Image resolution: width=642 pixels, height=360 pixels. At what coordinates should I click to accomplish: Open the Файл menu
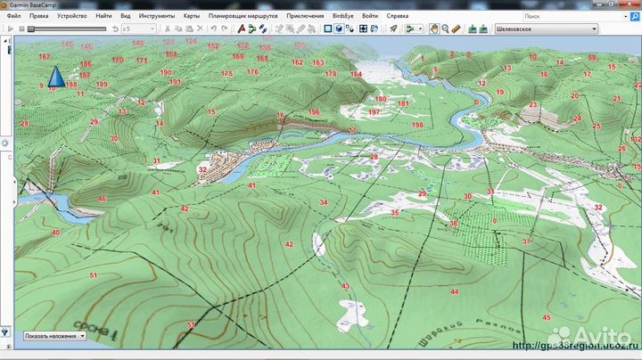(x=14, y=16)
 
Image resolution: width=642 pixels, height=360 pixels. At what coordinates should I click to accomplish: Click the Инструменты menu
(x=156, y=16)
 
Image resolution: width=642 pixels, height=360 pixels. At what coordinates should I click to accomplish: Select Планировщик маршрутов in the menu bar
(x=243, y=16)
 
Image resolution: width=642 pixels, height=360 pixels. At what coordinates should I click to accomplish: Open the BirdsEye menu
(x=343, y=16)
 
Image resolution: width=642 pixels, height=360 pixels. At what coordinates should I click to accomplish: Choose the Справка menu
(x=410, y=16)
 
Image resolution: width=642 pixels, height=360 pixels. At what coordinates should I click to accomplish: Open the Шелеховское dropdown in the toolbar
(x=546, y=29)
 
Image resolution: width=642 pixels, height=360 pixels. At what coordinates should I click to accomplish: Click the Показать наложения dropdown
(x=54, y=336)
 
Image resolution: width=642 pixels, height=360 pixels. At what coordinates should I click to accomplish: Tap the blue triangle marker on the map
(x=55, y=77)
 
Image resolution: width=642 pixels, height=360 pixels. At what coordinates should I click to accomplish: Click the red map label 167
(x=45, y=57)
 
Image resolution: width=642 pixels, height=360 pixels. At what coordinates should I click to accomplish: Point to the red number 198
(x=417, y=126)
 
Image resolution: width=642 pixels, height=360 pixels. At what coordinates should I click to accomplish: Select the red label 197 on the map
(x=374, y=113)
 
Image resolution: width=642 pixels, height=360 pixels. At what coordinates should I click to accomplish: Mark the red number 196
(x=314, y=112)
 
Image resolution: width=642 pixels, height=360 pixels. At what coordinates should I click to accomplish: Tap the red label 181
(x=403, y=103)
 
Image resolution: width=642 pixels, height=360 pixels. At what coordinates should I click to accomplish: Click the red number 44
(x=454, y=292)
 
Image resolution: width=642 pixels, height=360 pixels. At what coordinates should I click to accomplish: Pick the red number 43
(x=345, y=286)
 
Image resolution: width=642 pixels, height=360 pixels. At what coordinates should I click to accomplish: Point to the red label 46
(x=103, y=199)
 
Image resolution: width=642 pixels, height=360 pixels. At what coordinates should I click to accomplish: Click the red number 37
(x=526, y=241)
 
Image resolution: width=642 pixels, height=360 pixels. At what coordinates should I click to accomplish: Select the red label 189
(x=102, y=85)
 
